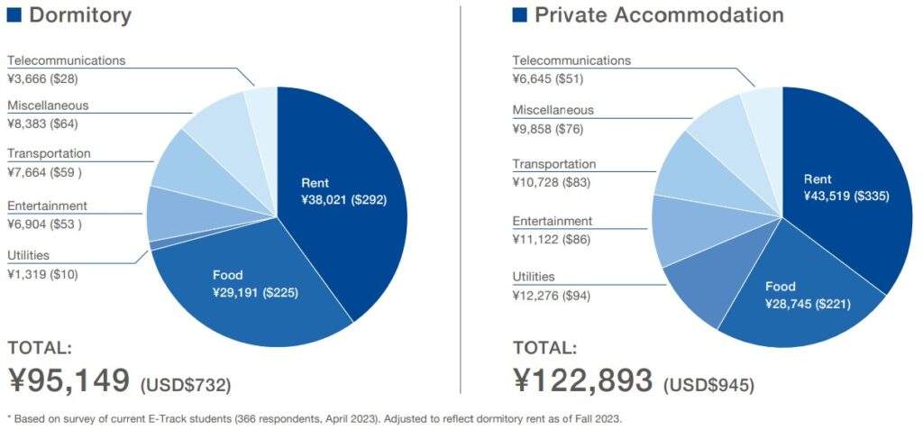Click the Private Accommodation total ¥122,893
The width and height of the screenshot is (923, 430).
583,380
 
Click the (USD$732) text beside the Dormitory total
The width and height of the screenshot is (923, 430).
186,385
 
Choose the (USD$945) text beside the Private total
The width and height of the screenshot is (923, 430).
708,385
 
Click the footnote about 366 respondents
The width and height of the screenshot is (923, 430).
315,418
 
